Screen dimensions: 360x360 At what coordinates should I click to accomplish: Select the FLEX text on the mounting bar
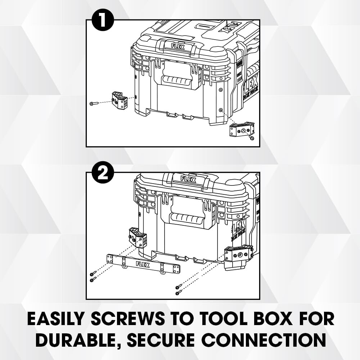[x=143, y=265]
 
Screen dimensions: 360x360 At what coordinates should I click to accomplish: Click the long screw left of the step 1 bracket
[x=94, y=103]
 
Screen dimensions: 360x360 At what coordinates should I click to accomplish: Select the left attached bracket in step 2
[x=138, y=237]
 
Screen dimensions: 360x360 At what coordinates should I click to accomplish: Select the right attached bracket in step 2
[x=238, y=256]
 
